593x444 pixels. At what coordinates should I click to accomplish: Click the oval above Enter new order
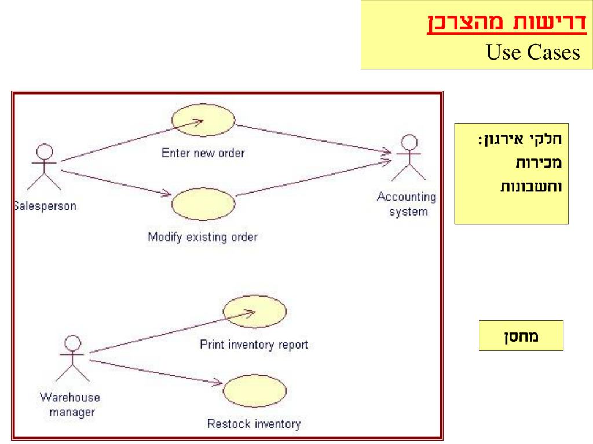point(204,120)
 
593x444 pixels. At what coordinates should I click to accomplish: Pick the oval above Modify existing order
point(204,204)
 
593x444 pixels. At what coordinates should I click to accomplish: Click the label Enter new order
point(203,153)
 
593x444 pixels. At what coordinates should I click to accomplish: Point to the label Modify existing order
point(202,236)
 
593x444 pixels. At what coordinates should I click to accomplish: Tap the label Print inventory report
point(254,345)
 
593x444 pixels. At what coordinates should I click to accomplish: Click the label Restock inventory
point(254,424)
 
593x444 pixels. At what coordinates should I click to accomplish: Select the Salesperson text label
point(45,206)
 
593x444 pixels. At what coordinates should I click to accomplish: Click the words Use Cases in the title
point(533,53)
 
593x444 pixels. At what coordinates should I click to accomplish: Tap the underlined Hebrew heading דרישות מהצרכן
point(507,26)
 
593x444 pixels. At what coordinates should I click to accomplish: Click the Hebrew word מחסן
point(521,335)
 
